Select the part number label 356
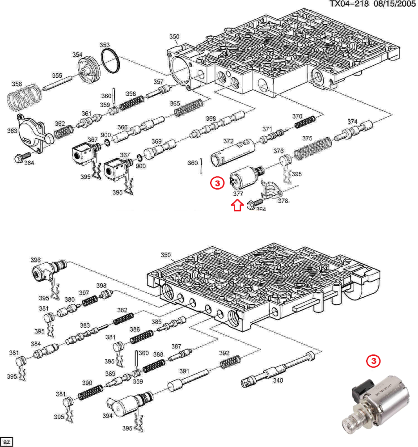tap(17, 84)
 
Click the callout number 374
tap(352, 122)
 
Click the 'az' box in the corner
tap(6, 441)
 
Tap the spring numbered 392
tap(231, 361)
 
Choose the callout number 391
tap(184, 371)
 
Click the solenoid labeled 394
tap(128, 404)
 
